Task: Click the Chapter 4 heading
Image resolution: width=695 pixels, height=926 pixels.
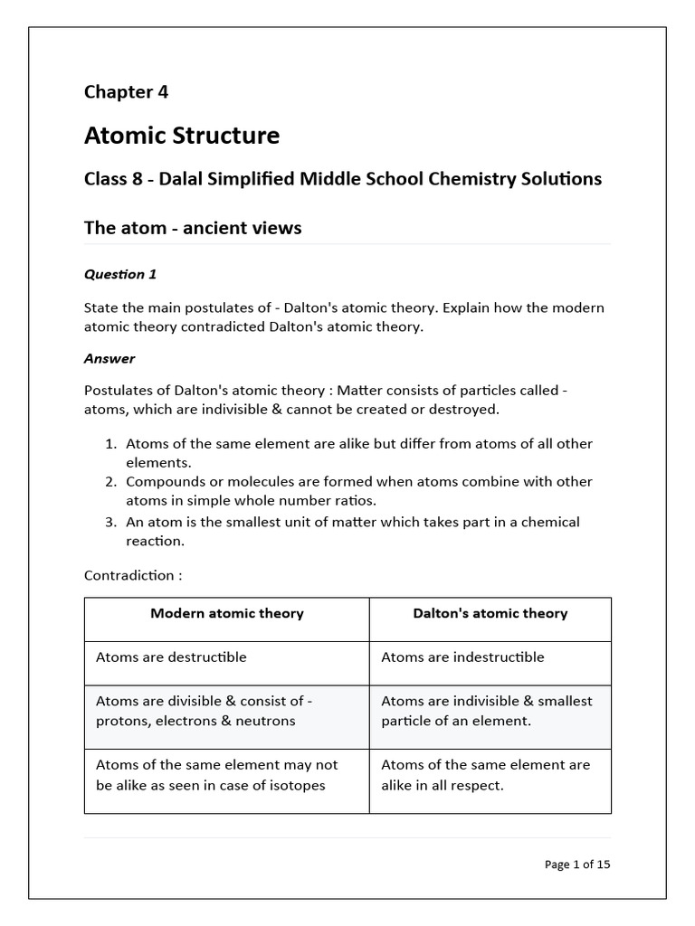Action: pyautogui.click(x=126, y=91)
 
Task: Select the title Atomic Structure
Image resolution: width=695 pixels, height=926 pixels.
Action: pyautogui.click(x=182, y=136)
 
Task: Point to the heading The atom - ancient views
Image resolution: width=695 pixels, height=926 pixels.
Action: pyautogui.click(x=193, y=228)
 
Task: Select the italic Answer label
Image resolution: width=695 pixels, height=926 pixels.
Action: pyautogui.click(x=109, y=358)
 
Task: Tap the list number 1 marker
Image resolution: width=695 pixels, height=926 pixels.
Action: pyautogui.click(x=111, y=444)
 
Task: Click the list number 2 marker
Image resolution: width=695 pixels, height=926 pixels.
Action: pyautogui.click(x=111, y=482)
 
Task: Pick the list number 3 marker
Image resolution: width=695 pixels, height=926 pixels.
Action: pyautogui.click(x=111, y=522)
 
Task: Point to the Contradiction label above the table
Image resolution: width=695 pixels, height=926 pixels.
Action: pyautogui.click(x=133, y=575)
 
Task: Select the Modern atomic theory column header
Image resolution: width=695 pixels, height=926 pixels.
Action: pyautogui.click(x=227, y=613)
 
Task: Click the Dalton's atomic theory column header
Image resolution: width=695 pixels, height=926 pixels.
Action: pyautogui.click(x=490, y=613)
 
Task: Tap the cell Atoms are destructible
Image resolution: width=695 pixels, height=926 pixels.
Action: pyautogui.click(x=171, y=657)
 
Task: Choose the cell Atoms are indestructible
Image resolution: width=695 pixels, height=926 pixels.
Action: pyautogui.click(x=463, y=657)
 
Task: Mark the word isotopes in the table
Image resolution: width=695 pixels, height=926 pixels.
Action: pyautogui.click(x=295, y=785)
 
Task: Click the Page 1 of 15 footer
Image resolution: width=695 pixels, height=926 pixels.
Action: pyautogui.click(x=577, y=865)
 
